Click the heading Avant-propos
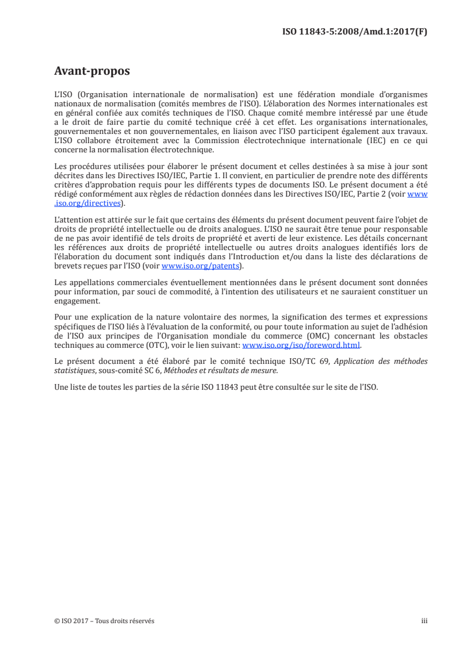91,71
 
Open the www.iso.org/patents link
200,266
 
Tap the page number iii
424,621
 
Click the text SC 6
151,369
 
